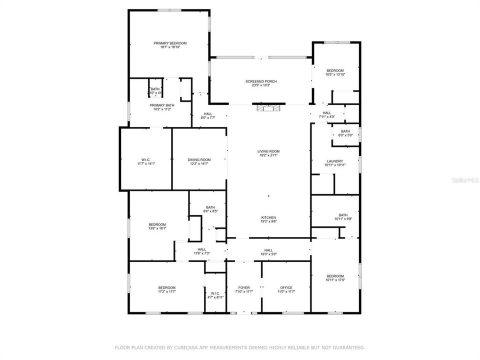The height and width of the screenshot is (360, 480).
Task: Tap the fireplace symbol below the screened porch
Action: pyautogui.click(x=269, y=107)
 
